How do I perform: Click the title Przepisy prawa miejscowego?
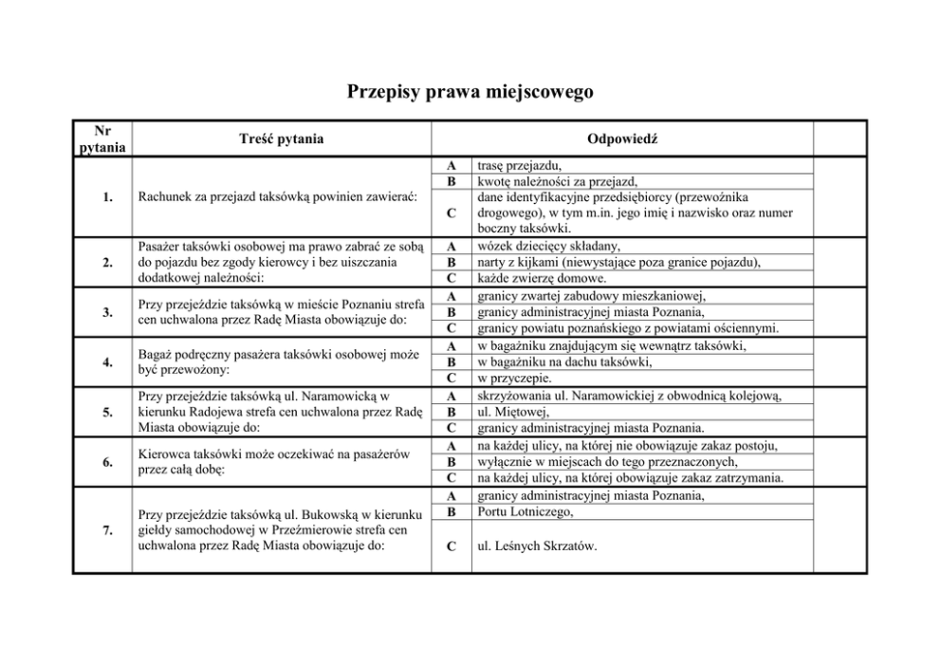coord(470,92)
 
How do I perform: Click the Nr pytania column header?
coord(101,139)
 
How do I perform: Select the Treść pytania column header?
coord(282,139)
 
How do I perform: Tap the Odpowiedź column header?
coord(622,139)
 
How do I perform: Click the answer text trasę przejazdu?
coord(521,166)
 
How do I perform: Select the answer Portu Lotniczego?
coord(526,512)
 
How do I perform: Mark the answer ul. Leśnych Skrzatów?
coord(537,546)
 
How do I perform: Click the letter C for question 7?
coord(452,546)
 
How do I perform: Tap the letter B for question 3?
coord(452,312)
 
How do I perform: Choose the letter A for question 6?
coord(452,446)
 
